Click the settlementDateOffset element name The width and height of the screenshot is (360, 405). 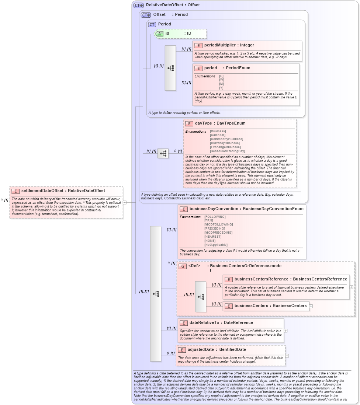(x=42, y=191)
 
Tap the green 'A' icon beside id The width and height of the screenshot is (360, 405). (x=159, y=34)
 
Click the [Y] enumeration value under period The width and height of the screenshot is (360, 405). (x=221, y=88)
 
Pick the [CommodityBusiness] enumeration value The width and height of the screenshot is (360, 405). (x=226, y=139)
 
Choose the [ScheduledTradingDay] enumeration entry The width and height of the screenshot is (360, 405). (x=227, y=151)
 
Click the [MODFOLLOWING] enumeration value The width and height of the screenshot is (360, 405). (x=218, y=224)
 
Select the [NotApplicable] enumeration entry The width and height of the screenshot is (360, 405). (x=216, y=245)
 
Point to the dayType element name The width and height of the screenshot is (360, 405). (x=203, y=123)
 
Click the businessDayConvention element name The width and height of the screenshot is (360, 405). (x=214, y=209)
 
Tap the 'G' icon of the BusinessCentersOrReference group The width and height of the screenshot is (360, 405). (x=182, y=266)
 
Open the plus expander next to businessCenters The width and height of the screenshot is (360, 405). (x=311, y=306)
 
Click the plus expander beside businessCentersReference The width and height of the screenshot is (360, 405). (x=351, y=287)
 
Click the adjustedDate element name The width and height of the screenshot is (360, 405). (x=201, y=349)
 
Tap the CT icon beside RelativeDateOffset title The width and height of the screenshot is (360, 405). (x=139, y=5)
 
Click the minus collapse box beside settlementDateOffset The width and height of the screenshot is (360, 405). (x=125, y=202)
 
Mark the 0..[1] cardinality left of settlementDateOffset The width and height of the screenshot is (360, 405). (x=4, y=200)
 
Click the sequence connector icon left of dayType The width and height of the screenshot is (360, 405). (x=163, y=153)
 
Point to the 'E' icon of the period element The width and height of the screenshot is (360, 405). (x=198, y=68)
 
